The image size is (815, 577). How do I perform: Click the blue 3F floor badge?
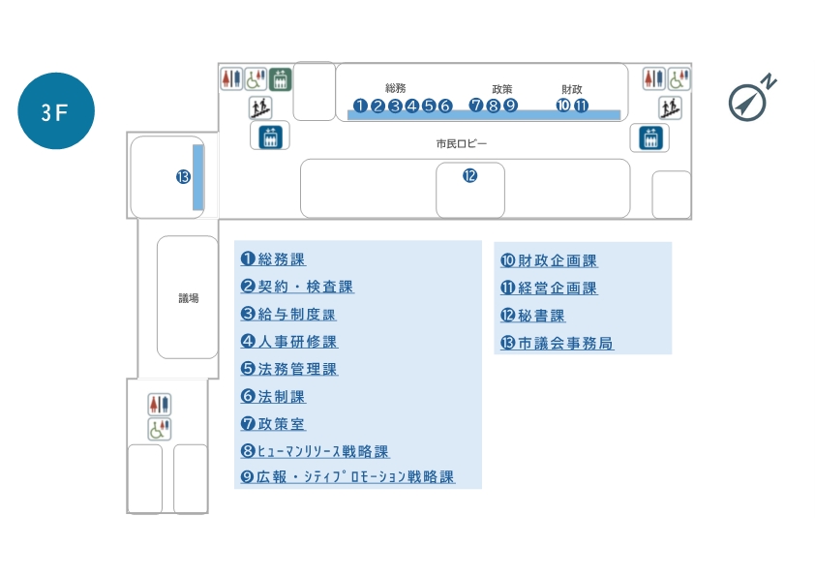pos(56,111)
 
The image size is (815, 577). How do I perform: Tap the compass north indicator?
pos(747,100)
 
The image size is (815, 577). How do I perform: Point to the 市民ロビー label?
pos(461,144)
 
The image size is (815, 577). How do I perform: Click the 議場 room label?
pos(188,298)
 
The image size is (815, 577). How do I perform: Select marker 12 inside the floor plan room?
pos(469,176)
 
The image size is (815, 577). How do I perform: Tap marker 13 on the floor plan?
pos(182,176)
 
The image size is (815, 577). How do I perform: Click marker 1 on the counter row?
pos(360,106)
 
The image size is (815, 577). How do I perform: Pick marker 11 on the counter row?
pos(581,106)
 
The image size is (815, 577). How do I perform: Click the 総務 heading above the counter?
pos(395,88)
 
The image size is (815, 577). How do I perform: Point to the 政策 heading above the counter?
pos(501,88)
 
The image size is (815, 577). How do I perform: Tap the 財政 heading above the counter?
pos(572,88)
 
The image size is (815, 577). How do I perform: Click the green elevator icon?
pos(281,78)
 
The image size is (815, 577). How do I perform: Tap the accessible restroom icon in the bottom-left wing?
pos(159,429)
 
